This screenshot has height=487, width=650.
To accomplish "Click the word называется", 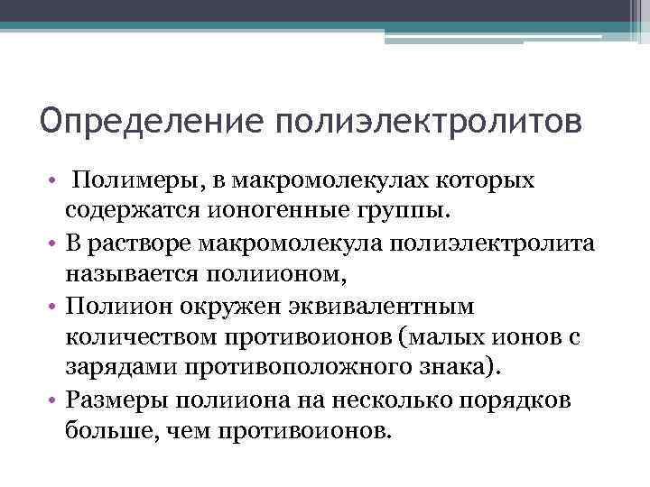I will (140, 273).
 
